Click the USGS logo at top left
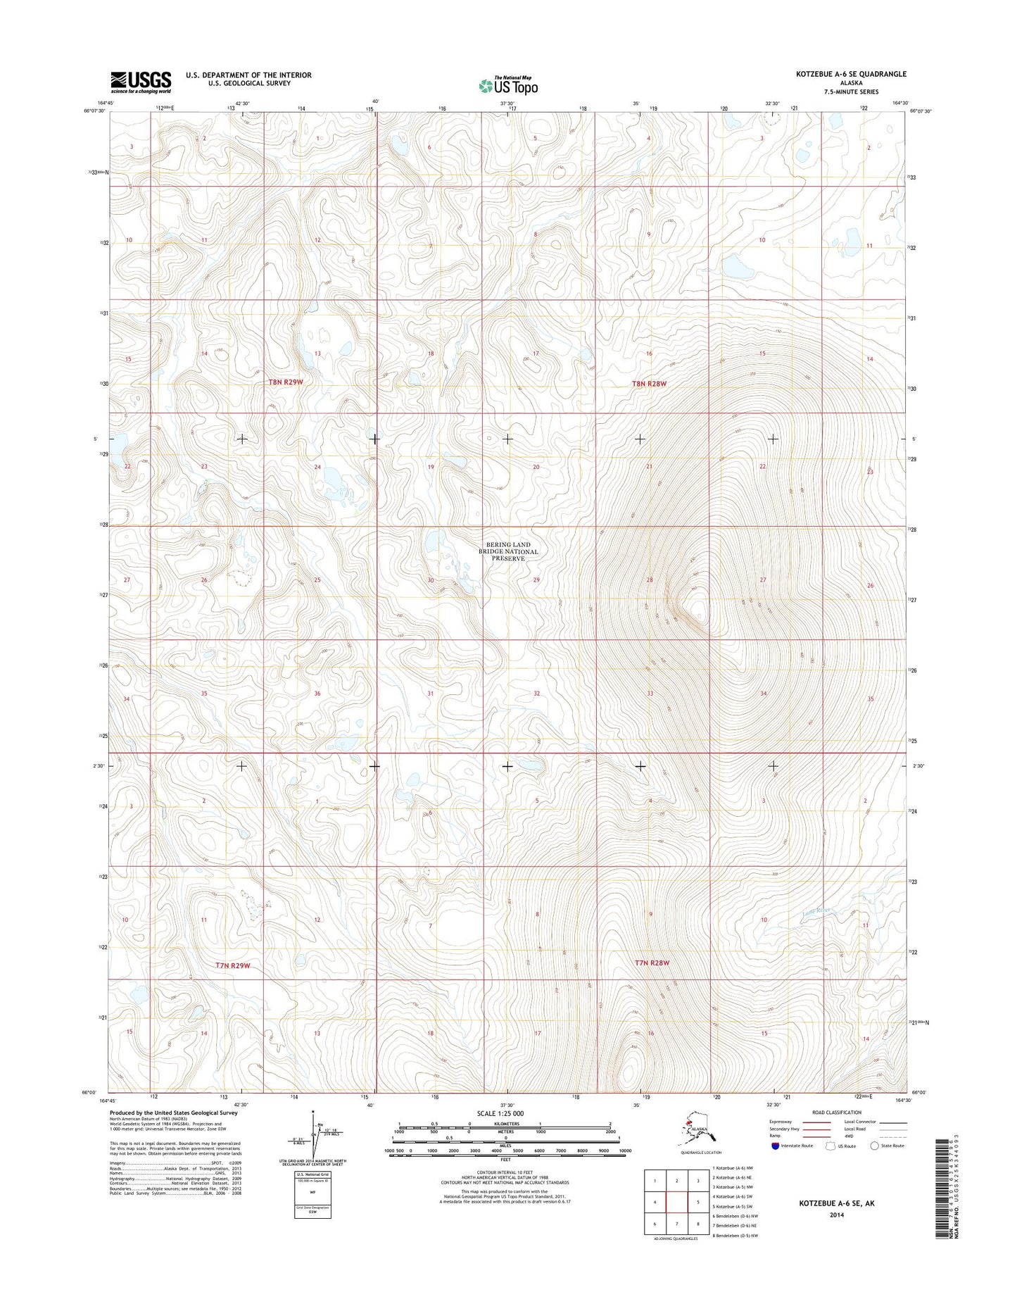click(141, 82)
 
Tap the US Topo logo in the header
click(508, 85)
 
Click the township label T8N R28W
click(648, 384)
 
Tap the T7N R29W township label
click(232, 965)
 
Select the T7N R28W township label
click(652, 963)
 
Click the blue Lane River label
click(818, 912)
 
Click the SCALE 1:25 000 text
click(500, 1114)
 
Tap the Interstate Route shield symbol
click(775, 1146)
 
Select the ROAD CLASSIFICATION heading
click(837, 1113)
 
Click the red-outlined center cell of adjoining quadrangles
click(676, 1202)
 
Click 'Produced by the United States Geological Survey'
click(173, 1113)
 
